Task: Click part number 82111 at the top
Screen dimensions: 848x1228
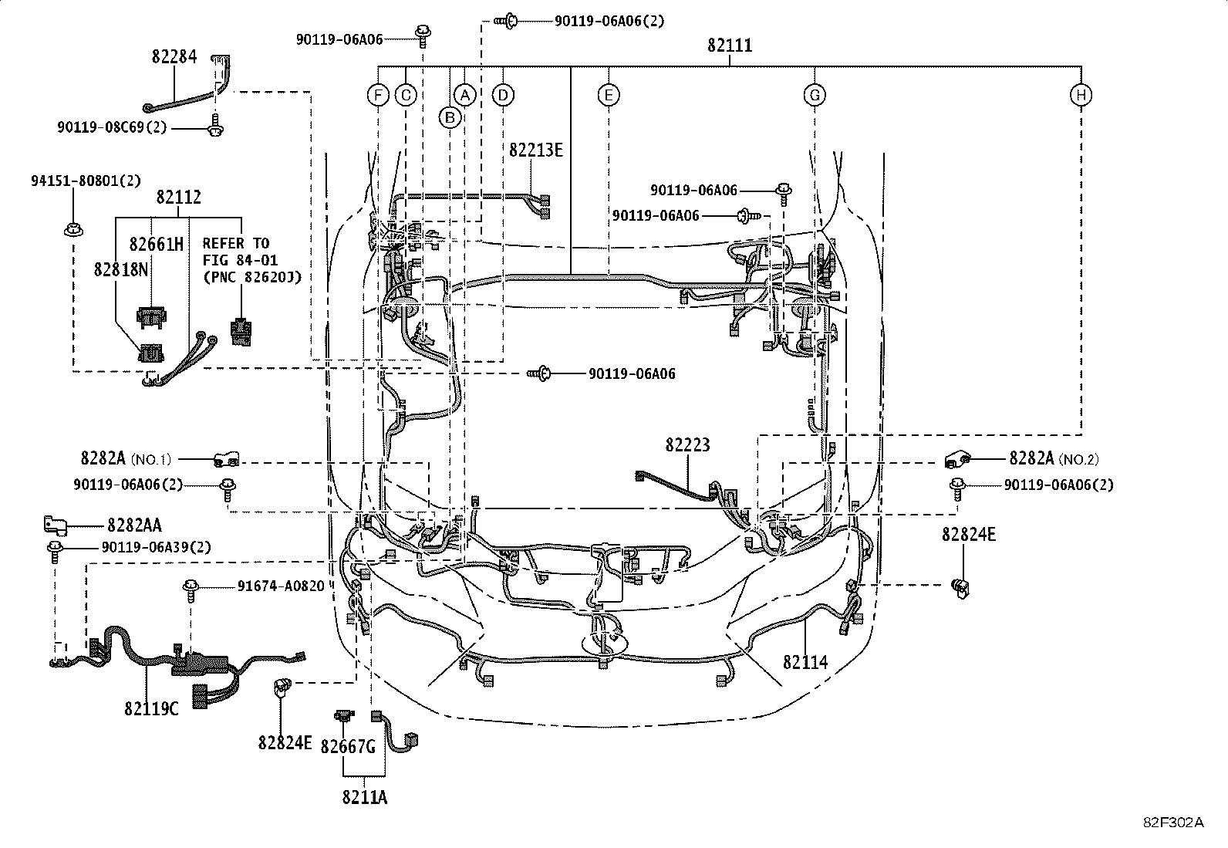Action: point(729,46)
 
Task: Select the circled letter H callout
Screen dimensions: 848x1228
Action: point(1081,95)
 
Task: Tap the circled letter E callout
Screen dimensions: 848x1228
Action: point(609,95)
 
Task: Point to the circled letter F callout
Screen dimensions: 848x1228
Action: point(378,95)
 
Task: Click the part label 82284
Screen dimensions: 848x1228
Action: point(174,56)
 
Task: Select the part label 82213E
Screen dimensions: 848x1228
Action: point(535,150)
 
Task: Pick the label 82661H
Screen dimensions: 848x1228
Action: point(157,245)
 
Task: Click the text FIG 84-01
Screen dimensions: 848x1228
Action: point(240,260)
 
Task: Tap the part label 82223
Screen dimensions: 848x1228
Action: point(688,445)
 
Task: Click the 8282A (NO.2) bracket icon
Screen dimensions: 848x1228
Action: point(956,459)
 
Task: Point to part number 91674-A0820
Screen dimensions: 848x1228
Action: point(281,586)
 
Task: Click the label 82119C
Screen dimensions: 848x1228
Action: point(150,708)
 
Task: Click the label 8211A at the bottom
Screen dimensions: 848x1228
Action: point(364,797)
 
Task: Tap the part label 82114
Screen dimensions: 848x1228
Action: point(805,661)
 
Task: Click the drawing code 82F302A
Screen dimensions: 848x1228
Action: point(1172,823)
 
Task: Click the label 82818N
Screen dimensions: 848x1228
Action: point(121,269)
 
